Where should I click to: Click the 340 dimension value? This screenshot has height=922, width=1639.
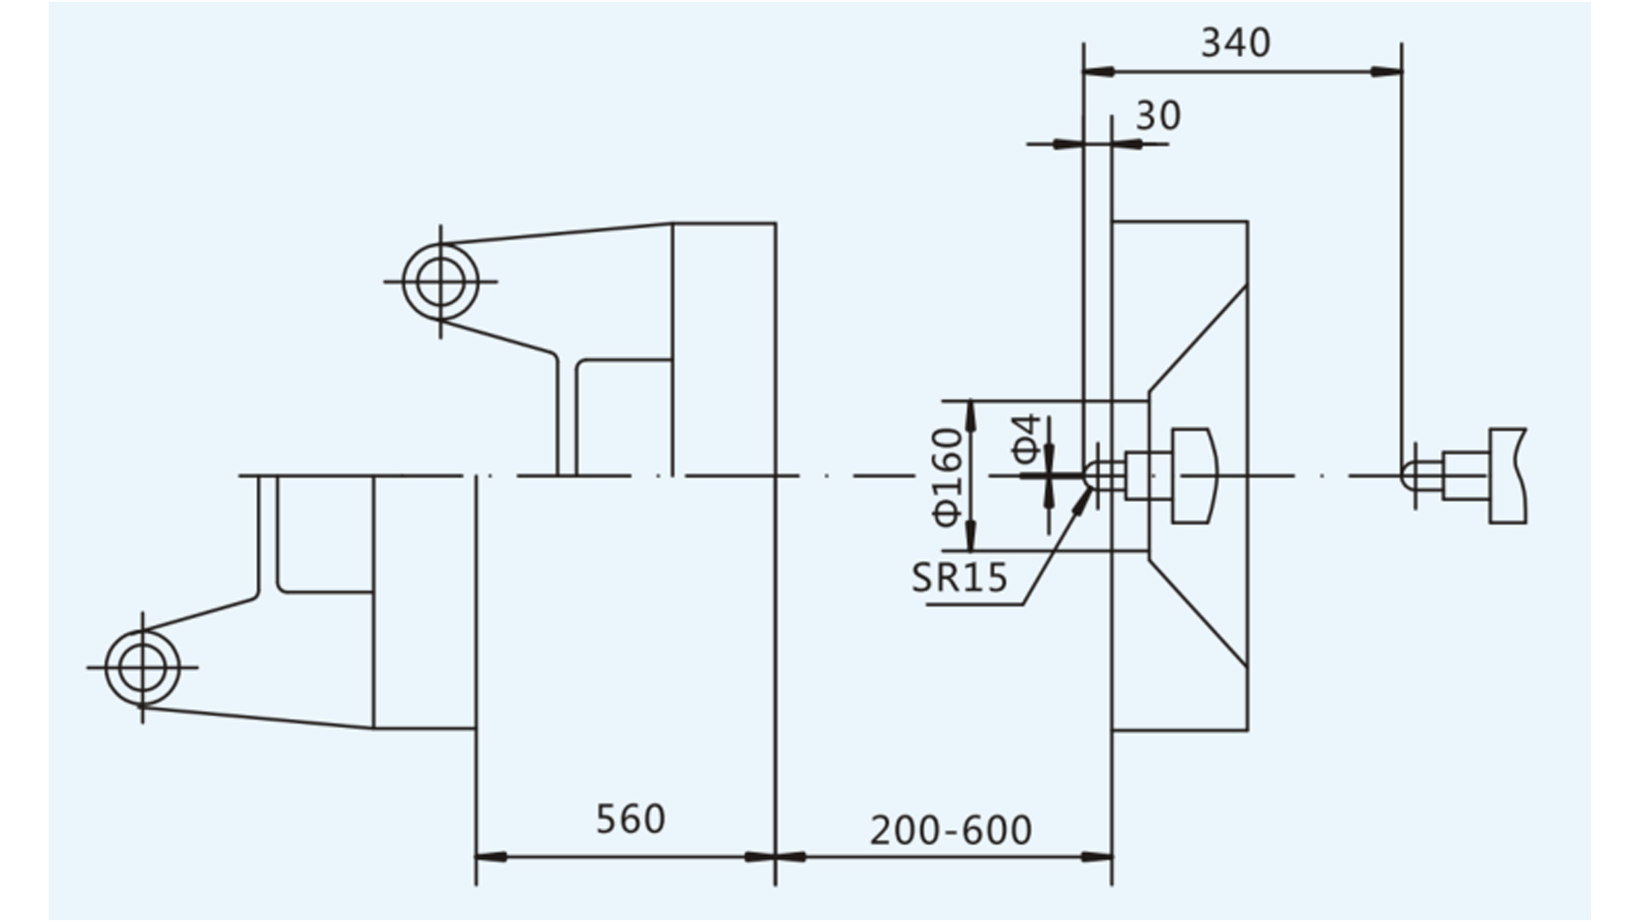[x=1235, y=43]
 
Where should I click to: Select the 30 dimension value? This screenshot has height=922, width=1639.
[x=1158, y=115]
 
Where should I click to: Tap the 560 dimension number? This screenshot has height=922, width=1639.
[x=630, y=819]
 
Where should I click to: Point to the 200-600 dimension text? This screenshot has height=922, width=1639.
[x=951, y=830]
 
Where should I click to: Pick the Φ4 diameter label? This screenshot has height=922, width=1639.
[x=1028, y=439]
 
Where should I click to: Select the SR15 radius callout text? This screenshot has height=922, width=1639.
[x=959, y=578]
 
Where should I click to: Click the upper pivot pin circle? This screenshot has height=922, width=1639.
[x=440, y=281]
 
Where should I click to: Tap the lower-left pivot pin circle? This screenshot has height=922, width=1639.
[x=143, y=668]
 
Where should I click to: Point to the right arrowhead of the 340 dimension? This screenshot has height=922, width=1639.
[x=1386, y=72]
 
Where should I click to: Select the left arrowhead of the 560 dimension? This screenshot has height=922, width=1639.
[x=491, y=856]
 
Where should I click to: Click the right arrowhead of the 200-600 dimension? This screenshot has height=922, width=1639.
[x=1097, y=856]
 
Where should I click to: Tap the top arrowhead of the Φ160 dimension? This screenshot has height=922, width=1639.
[x=971, y=416]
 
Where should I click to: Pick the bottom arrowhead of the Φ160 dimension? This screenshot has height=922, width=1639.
[x=971, y=535]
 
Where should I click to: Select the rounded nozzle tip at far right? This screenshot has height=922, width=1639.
[x=1409, y=475]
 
